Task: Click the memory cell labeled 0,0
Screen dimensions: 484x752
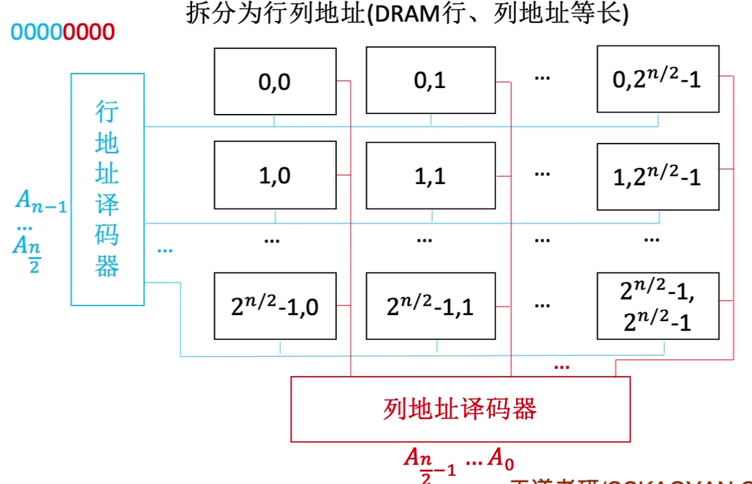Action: pos(275,81)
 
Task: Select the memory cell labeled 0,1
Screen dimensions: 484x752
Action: pos(430,81)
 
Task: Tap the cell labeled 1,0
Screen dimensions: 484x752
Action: pos(275,175)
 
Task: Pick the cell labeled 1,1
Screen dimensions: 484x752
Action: pos(430,175)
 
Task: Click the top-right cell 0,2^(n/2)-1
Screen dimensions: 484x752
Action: pos(657,79)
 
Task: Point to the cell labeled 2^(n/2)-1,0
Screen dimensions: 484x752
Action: pos(275,306)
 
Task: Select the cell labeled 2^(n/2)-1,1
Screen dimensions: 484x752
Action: pos(430,306)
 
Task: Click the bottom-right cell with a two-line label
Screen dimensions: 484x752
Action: pos(657,306)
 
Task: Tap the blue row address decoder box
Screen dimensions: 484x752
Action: pos(107,189)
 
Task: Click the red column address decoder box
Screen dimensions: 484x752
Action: pos(460,409)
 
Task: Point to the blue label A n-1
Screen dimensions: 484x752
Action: pos(41,203)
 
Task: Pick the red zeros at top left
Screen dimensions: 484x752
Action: pos(89,32)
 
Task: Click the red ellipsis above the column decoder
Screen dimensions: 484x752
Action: pos(561,366)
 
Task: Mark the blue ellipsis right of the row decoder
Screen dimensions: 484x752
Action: pos(165,250)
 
